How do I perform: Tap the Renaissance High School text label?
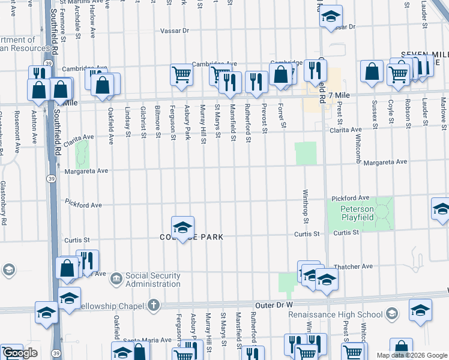pyautogui.click(x=335, y=314)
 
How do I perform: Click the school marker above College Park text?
pyautogui.click(x=182, y=227)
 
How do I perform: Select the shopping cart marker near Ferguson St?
pyautogui.click(x=181, y=75)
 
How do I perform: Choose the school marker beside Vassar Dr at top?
pyautogui.click(x=330, y=17)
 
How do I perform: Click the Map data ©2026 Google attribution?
pyautogui.click(x=412, y=355)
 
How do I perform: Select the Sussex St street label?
pyautogui.click(x=376, y=116)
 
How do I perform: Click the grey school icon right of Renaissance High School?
pyautogui.click(x=392, y=314)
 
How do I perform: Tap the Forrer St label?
pyautogui.click(x=280, y=116)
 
